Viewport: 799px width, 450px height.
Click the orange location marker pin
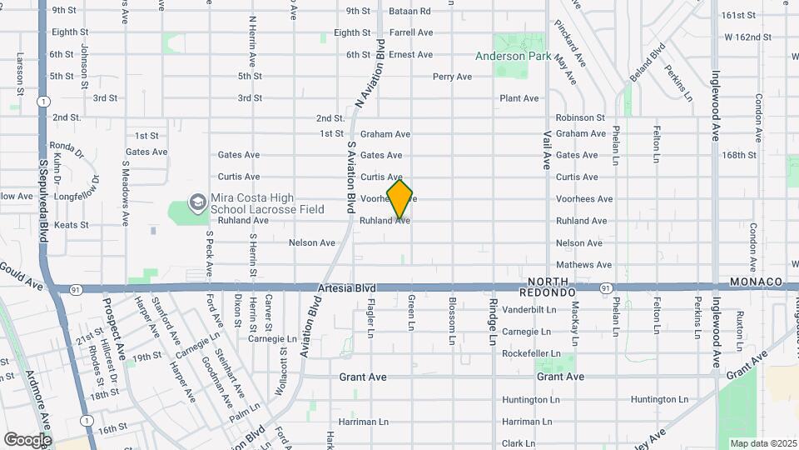(399, 198)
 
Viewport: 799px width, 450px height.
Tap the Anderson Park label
(513, 56)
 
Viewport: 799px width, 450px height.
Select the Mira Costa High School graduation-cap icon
(197, 201)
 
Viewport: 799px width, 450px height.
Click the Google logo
(27, 439)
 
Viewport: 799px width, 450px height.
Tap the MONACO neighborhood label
(756, 282)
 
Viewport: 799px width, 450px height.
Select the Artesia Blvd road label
(346, 288)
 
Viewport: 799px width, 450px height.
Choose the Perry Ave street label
(452, 77)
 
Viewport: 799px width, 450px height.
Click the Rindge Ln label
(493, 322)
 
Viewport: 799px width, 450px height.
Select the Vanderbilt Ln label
(529, 309)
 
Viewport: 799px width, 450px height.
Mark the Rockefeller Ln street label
(532, 353)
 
